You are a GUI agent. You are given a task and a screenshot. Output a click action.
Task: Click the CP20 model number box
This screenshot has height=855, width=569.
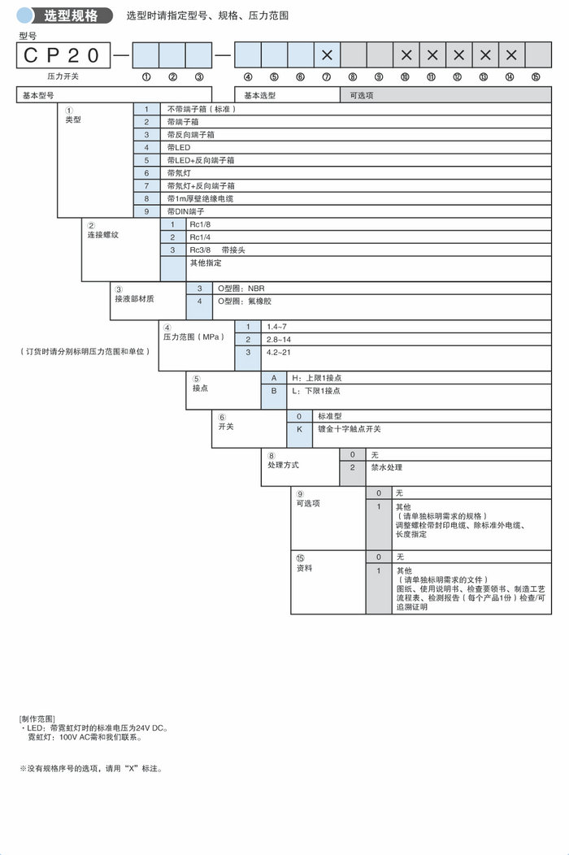62,55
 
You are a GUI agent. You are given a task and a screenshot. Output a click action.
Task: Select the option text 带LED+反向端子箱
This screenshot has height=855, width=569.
201,160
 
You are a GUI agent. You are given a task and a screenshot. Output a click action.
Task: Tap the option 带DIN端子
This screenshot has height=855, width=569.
185,211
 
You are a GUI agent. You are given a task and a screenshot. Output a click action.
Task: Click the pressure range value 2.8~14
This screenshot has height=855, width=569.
279,339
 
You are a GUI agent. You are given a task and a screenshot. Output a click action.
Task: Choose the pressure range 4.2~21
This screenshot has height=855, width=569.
279,353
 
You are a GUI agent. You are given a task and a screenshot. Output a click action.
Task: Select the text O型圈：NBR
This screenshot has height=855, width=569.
241,289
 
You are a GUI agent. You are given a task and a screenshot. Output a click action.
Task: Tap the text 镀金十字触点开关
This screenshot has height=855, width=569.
338,428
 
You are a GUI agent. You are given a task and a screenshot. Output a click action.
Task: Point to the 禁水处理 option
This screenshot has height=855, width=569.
387,467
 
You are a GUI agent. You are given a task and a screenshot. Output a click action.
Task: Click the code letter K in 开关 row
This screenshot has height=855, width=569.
299,428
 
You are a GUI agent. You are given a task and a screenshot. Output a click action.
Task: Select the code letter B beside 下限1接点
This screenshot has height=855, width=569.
274,391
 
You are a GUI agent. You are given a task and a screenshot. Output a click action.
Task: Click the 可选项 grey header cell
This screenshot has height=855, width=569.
445,94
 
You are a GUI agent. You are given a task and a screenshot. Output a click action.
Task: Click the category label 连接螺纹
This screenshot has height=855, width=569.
103,235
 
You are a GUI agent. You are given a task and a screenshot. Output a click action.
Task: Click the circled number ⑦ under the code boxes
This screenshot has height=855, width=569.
327,77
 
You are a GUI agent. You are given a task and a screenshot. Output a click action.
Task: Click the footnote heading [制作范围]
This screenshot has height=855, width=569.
37,719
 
